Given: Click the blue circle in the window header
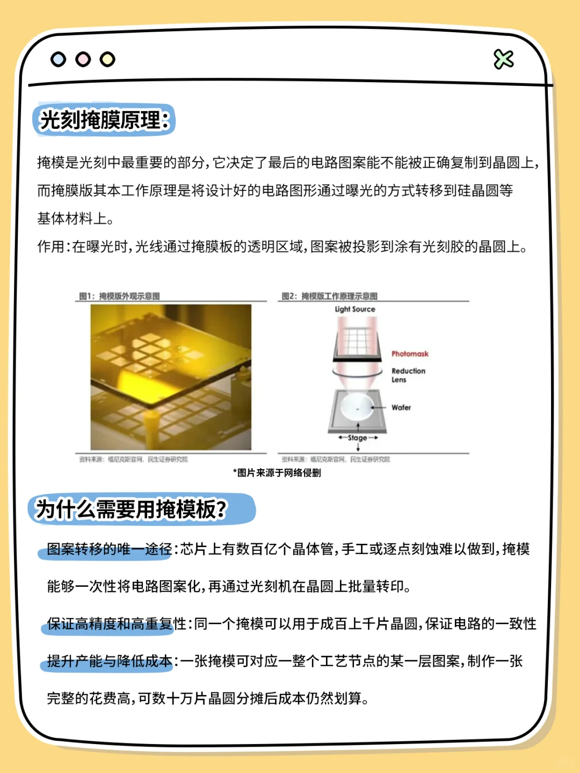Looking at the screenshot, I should tap(58, 59).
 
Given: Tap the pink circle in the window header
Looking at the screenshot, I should tap(83, 59).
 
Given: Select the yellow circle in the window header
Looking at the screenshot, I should tap(107, 59).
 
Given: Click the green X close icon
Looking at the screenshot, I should tap(503, 60).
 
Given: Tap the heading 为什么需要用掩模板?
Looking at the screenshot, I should tap(132, 509).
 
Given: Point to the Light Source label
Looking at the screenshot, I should tap(355, 309).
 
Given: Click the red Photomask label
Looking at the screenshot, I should tap(410, 354).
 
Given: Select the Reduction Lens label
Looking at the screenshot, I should tap(408, 375).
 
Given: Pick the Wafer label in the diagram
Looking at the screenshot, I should tap(401, 407).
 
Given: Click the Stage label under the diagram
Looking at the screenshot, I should tap(358, 438).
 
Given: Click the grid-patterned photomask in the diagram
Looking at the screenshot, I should tap(354, 341).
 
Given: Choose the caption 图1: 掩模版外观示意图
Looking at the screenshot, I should tap(119, 296).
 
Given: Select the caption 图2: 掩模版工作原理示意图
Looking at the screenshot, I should tap(330, 296).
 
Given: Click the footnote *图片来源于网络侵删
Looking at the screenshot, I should tap(277, 473).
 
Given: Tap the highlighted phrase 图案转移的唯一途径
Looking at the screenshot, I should tap(109, 549).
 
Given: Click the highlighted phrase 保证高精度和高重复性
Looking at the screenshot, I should tap(116, 624).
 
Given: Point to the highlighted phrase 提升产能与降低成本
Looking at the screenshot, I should tap(109, 661).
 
